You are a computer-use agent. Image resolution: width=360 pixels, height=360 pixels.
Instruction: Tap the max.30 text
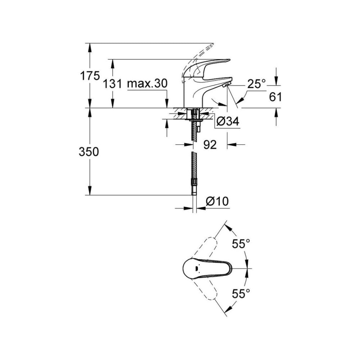point(148,84)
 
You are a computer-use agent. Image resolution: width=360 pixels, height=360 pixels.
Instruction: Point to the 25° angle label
point(256,84)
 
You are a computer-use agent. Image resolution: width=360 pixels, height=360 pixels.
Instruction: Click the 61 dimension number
point(275,97)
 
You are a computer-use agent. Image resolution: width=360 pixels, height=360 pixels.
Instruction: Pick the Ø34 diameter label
point(228,122)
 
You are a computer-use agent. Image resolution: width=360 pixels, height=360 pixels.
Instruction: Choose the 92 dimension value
point(210,145)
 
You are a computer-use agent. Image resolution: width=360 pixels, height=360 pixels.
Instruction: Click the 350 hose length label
point(89,152)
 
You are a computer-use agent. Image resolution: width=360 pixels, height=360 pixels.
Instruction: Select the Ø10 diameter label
point(218,201)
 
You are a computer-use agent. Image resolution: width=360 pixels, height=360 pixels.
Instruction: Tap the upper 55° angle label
point(241,244)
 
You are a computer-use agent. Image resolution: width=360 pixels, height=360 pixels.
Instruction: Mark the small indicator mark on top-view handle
point(196,268)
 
